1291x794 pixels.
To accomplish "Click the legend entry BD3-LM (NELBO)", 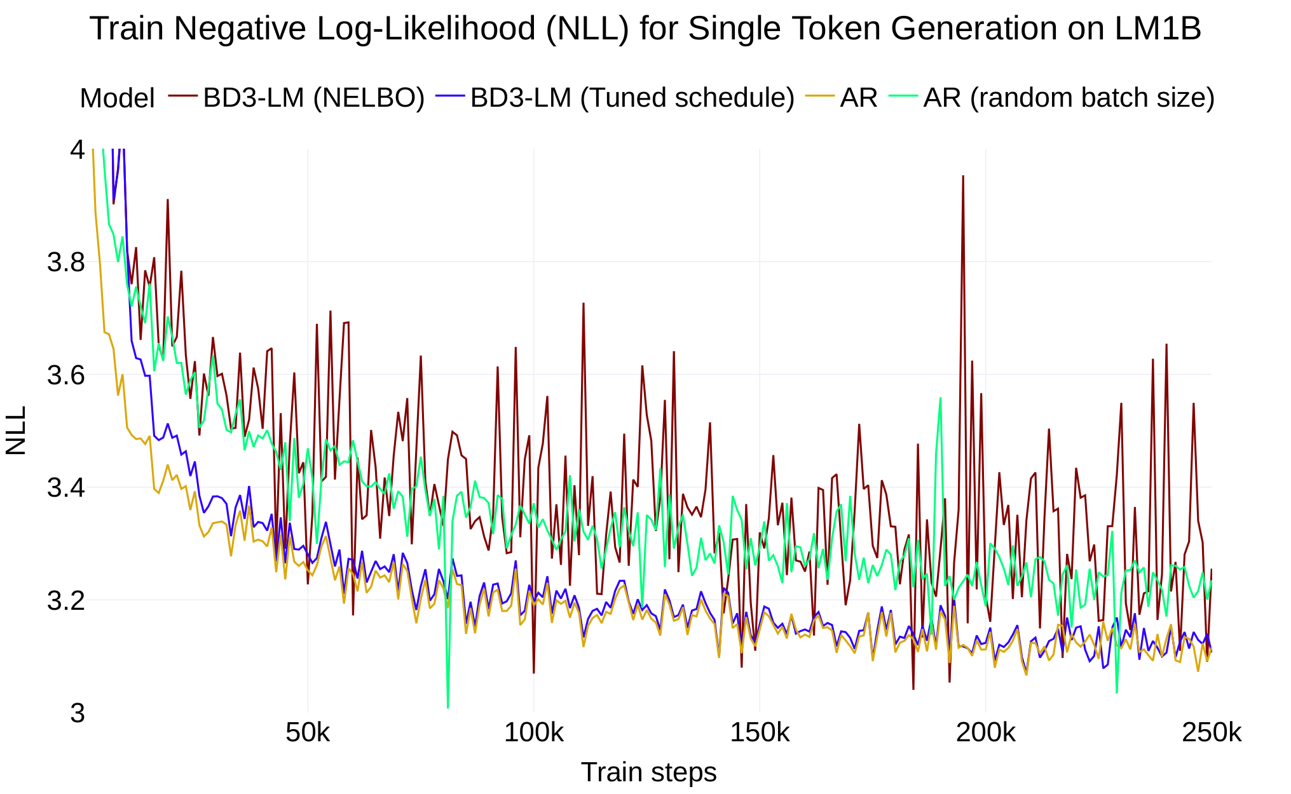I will [x=313, y=98].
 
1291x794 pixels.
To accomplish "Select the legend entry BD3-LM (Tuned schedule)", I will [x=632, y=98].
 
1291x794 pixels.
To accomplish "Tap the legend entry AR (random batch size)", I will [x=1069, y=98].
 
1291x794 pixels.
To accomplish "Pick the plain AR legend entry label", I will [x=858, y=98].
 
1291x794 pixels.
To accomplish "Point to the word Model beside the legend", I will [x=117, y=98].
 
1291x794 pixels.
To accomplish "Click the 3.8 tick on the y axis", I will [x=66, y=262].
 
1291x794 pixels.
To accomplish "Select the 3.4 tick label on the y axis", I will [x=66, y=488].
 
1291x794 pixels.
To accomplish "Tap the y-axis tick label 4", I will [x=77, y=150].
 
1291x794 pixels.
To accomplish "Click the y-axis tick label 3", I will [x=77, y=713].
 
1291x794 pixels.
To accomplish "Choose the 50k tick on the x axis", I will [x=308, y=733].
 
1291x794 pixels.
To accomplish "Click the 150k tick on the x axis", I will [x=760, y=733].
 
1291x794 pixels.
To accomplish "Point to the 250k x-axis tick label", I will [x=1211, y=733].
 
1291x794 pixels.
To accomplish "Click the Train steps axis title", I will [x=648, y=772].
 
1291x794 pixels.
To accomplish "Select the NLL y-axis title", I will [x=16, y=431].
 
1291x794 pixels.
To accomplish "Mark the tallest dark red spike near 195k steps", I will [x=963, y=177].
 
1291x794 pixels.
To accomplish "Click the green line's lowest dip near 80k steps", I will [x=447, y=706].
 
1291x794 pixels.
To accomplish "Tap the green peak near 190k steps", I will [x=940, y=399].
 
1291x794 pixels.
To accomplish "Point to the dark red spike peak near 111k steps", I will [x=583, y=304].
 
